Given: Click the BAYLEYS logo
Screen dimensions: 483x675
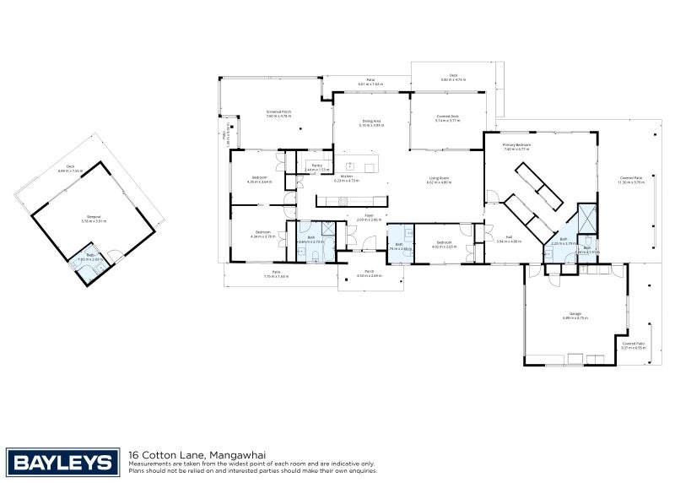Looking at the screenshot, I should (x=62, y=462).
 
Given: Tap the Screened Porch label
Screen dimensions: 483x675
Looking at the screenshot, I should (x=278, y=114).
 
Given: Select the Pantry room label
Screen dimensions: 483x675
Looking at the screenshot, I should (x=317, y=167).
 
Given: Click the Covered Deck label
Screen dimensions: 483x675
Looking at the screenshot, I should (x=447, y=118).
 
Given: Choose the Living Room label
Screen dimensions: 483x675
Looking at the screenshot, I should (x=439, y=180).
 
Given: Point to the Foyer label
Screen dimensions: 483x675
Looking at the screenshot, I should (x=369, y=217).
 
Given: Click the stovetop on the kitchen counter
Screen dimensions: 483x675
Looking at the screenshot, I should (x=343, y=201).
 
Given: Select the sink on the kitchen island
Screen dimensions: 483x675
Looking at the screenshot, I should (x=348, y=166).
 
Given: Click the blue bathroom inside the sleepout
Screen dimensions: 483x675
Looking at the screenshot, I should (x=90, y=262).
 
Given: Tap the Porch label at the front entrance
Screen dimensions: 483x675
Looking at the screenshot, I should (x=369, y=274).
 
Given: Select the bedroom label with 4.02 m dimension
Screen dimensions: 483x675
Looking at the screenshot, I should (x=444, y=246).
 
